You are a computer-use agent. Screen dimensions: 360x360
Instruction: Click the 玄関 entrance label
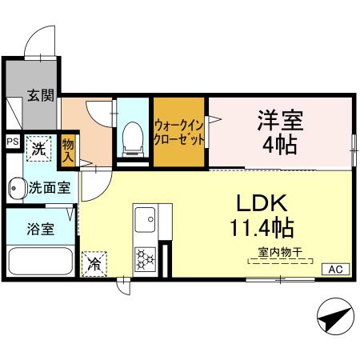click(x=41, y=97)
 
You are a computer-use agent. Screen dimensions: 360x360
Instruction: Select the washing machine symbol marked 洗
click(x=38, y=148)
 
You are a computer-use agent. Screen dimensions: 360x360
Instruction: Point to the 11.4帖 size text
click(x=257, y=228)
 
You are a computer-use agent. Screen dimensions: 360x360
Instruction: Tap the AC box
click(x=334, y=270)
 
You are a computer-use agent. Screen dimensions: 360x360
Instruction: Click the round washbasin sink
click(x=17, y=190)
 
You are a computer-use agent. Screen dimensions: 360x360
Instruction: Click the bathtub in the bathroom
click(x=41, y=262)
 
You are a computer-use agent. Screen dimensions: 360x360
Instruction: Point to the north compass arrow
click(x=334, y=318)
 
